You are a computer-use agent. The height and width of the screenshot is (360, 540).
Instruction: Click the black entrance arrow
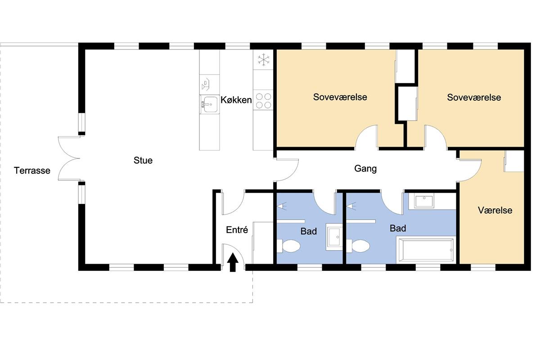pos(233,262)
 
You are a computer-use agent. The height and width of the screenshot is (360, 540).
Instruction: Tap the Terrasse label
pos(32,171)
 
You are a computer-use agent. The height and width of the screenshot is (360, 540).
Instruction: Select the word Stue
pos(143,161)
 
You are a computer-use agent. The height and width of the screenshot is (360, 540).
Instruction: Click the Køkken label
pos(236,100)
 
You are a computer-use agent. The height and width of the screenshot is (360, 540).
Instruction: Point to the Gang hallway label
pos(365,169)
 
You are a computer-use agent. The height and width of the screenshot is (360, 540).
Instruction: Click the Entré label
pos(237,230)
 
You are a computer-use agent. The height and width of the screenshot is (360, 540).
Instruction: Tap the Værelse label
pos(495,211)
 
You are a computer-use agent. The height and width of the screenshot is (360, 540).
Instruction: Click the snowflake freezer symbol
pos(264,59)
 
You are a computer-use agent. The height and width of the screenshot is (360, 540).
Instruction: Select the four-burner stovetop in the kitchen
pos(263,101)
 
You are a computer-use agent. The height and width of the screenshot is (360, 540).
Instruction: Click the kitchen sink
pos(210,104)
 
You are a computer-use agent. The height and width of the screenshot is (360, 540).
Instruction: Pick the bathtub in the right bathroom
pos(426,250)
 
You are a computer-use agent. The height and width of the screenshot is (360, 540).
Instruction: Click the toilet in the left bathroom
pos(288,246)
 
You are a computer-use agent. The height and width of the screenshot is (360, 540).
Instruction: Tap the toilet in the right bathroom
pos(358,246)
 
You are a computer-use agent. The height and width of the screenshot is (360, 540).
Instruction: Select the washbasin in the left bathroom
pos(334,237)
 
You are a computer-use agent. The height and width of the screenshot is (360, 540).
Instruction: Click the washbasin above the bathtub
pos(424,201)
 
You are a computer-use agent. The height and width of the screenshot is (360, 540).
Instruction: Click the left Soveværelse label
pos(340,97)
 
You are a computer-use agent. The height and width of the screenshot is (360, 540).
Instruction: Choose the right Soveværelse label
pos(474,98)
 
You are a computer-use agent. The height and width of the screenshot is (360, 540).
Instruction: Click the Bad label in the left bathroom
pos(309,231)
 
